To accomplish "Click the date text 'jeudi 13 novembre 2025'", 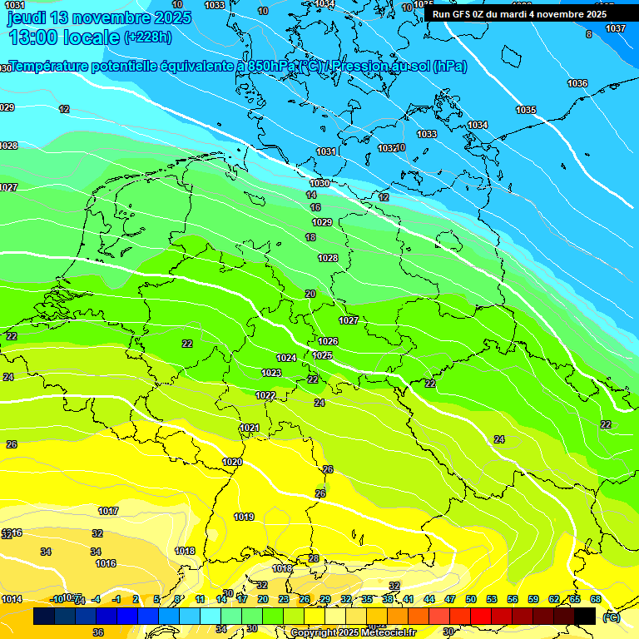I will [x=99, y=17].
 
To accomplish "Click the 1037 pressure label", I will [x=616, y=29].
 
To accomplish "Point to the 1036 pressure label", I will [x=577, y=83].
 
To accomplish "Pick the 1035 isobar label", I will [x=526, y=110].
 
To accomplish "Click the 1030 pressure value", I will [x=319, y=183].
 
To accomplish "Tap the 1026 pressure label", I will [x=328, y=341].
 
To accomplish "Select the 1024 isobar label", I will [x=286, y=358].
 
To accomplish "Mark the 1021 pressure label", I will [x=250, y=428].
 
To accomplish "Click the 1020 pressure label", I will [x=232, y=462].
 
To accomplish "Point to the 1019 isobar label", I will [x=244, y=517].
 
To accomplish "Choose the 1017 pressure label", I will [x=108, y=511].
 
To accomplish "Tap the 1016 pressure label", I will [x=106, y=563].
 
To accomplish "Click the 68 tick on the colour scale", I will [x=596, y=599].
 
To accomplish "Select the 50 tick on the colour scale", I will [x=471, y=599].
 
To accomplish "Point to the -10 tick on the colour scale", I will [x=57, y=599].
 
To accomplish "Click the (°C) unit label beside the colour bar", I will [x=612, y=617].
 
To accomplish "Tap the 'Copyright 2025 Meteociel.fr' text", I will [x=353, y=633].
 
